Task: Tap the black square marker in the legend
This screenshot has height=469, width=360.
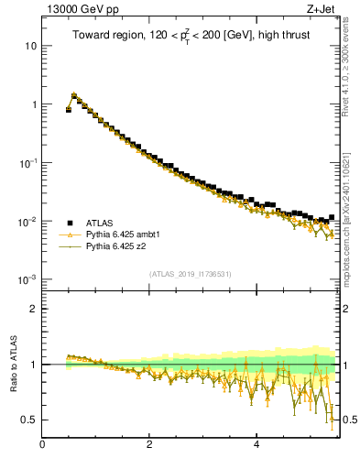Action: [70, 222]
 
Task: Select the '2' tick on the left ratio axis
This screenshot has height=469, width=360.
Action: [34, 309]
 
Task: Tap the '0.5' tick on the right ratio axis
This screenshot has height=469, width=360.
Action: [349, 420]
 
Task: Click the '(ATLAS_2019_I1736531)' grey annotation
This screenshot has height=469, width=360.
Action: [190, 274]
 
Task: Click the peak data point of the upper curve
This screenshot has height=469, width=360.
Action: [73, 95]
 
